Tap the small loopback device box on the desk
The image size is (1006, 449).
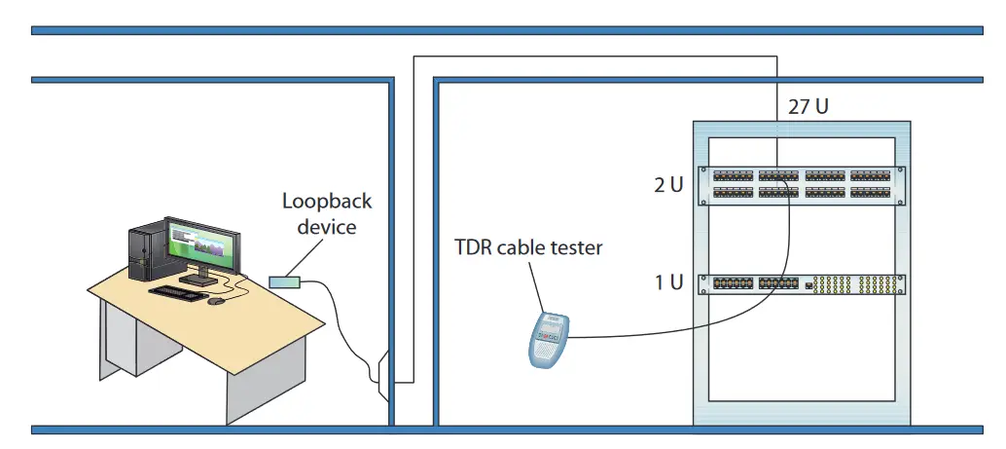point(285,281)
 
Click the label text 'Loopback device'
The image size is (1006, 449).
point(326,214)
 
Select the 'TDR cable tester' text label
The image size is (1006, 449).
point(528,247)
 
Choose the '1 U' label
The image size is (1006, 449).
point(668,283)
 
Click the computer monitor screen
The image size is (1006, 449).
point(201,243)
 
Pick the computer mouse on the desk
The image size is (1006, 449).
point(216,300)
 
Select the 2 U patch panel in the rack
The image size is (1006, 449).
point(803,185)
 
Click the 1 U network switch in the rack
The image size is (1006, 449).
point(803,284)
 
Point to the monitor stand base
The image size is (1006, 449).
point(199,280)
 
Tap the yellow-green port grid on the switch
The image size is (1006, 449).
point(856,285)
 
